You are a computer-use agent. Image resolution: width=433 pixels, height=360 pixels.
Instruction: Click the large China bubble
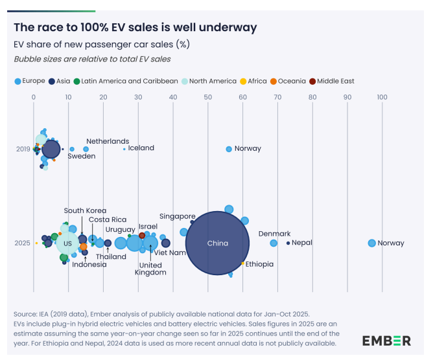(218, 243)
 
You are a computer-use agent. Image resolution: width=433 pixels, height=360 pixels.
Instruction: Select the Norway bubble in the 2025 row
(371, 243)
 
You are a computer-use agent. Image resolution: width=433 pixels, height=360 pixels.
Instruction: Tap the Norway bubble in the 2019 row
(229, 148)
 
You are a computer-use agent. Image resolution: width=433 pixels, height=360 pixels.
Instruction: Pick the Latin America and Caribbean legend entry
(125, 81)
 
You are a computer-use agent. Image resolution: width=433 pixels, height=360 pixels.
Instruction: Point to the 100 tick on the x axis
(382, 97)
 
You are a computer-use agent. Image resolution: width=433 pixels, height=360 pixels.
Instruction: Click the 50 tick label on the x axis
(207, 97)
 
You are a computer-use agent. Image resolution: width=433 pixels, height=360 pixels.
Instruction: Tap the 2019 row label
(23, 149)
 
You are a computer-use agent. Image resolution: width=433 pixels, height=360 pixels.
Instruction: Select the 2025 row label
(23, 243)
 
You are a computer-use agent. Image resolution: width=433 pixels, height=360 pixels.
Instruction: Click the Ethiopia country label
(259, 264)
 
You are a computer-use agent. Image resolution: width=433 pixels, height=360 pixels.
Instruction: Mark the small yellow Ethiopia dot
(242, 263)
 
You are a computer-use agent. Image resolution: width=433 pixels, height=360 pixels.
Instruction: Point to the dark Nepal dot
(288, 243)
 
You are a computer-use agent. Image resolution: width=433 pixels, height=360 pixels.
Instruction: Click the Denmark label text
(274, 234)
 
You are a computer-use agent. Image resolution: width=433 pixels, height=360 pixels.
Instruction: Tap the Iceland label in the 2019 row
(141, 148)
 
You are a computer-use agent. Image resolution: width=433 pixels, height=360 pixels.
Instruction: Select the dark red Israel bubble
(142, 235)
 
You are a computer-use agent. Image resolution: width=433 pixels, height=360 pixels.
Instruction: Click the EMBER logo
(386, 341)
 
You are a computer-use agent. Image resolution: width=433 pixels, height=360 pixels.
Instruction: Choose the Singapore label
(177, 216)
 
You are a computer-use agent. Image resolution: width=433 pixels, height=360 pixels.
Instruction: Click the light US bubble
(67, 243)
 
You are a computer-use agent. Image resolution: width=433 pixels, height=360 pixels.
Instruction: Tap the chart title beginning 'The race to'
(135, 27)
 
